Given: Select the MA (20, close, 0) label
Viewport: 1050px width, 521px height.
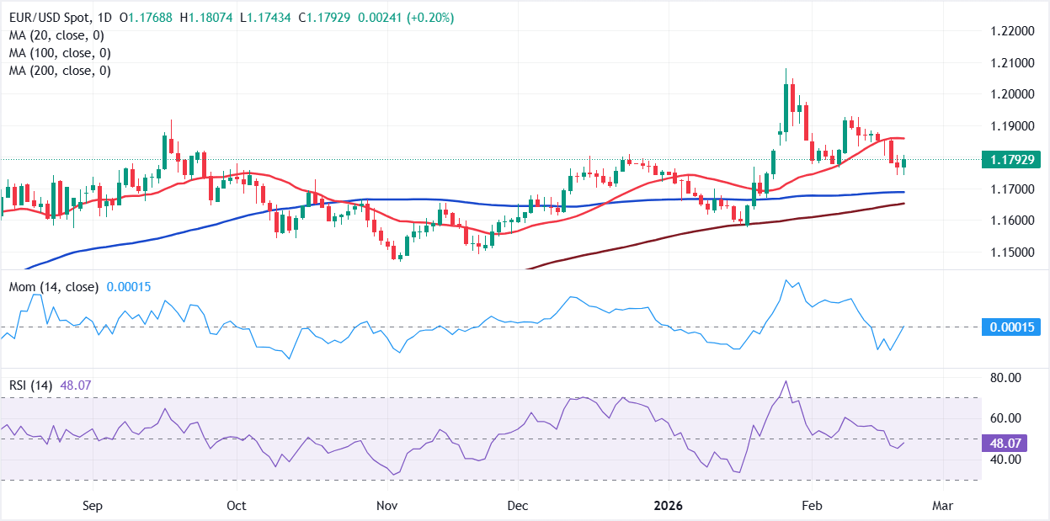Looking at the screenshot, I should [x=56, y=35].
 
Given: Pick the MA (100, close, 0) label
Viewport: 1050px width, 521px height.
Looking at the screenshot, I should [x=60, y=53].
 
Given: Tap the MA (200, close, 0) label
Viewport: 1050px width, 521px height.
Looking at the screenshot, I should [x=60, y=71].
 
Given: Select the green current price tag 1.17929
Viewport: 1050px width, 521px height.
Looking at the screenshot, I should [x=1015, y=160].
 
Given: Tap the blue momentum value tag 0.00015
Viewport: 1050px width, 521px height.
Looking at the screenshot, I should [x=1015, y=327].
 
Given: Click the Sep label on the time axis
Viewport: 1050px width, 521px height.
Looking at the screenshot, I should [x=93, y=506].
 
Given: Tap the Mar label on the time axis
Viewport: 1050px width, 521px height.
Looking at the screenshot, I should [x=942, y=506].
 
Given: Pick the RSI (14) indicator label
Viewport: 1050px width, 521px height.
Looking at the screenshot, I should [x=29, y=385].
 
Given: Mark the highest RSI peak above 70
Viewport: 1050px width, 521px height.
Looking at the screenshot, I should [x=786, y=381].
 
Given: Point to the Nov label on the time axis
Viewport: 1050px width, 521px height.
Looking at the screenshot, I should [x=386, y=506].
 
